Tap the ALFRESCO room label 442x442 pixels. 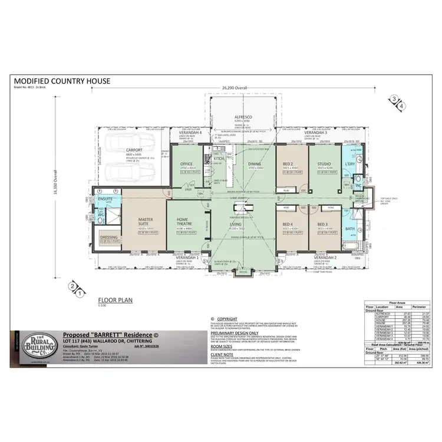point(243,117)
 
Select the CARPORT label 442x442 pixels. point(134,150)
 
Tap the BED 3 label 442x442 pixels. point(322,225)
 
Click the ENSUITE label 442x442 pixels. point(106,200)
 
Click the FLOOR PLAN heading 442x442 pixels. point(115,300)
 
